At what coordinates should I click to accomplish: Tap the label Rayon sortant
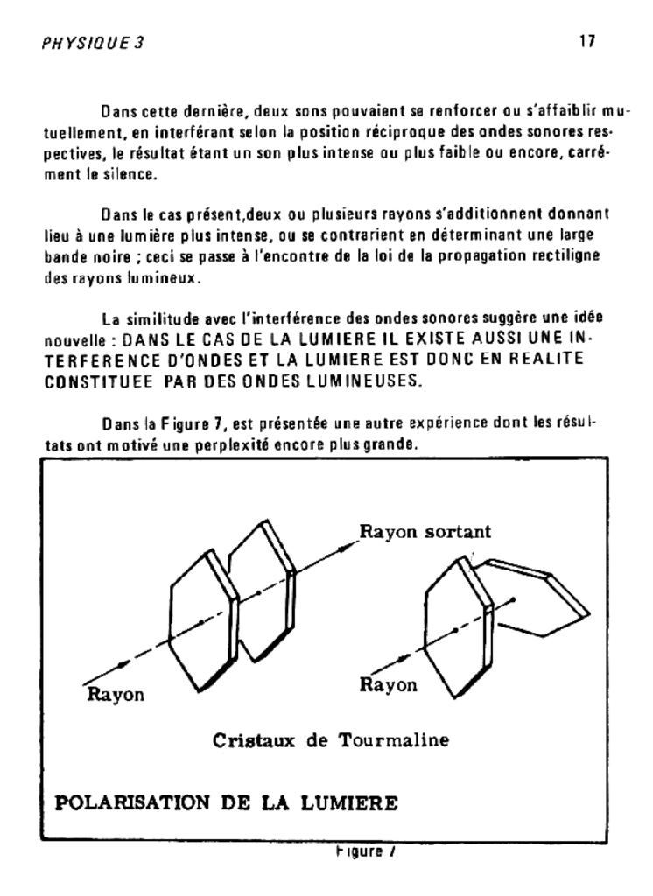click(425, 531)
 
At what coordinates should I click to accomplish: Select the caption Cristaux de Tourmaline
click(331, 740)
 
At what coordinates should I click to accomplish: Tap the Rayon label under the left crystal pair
click(116, 695)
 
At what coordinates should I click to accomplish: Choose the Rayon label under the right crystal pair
click(389, 685)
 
